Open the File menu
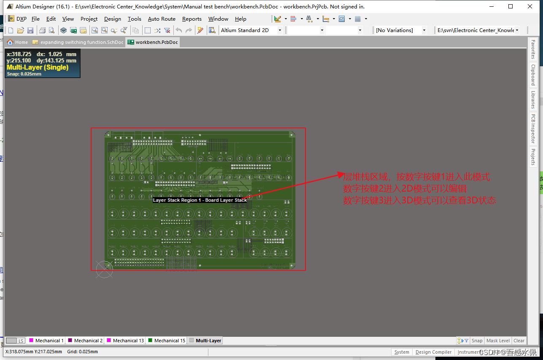point(35,19)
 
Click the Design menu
point(112,19)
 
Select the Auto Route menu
point(162,19)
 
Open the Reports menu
point(192,19)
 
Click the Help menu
point(240,19)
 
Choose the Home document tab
point(18,42)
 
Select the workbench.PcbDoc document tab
point(153,42)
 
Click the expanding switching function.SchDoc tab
point(78,42)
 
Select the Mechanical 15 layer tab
point(167,341)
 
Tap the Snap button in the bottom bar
point(477,341)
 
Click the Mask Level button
point(498,341)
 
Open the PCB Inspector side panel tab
point(533,129)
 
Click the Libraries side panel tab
point(533,100)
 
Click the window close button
point(530,6)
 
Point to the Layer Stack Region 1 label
point(200,200)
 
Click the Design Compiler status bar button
point(433,352)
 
